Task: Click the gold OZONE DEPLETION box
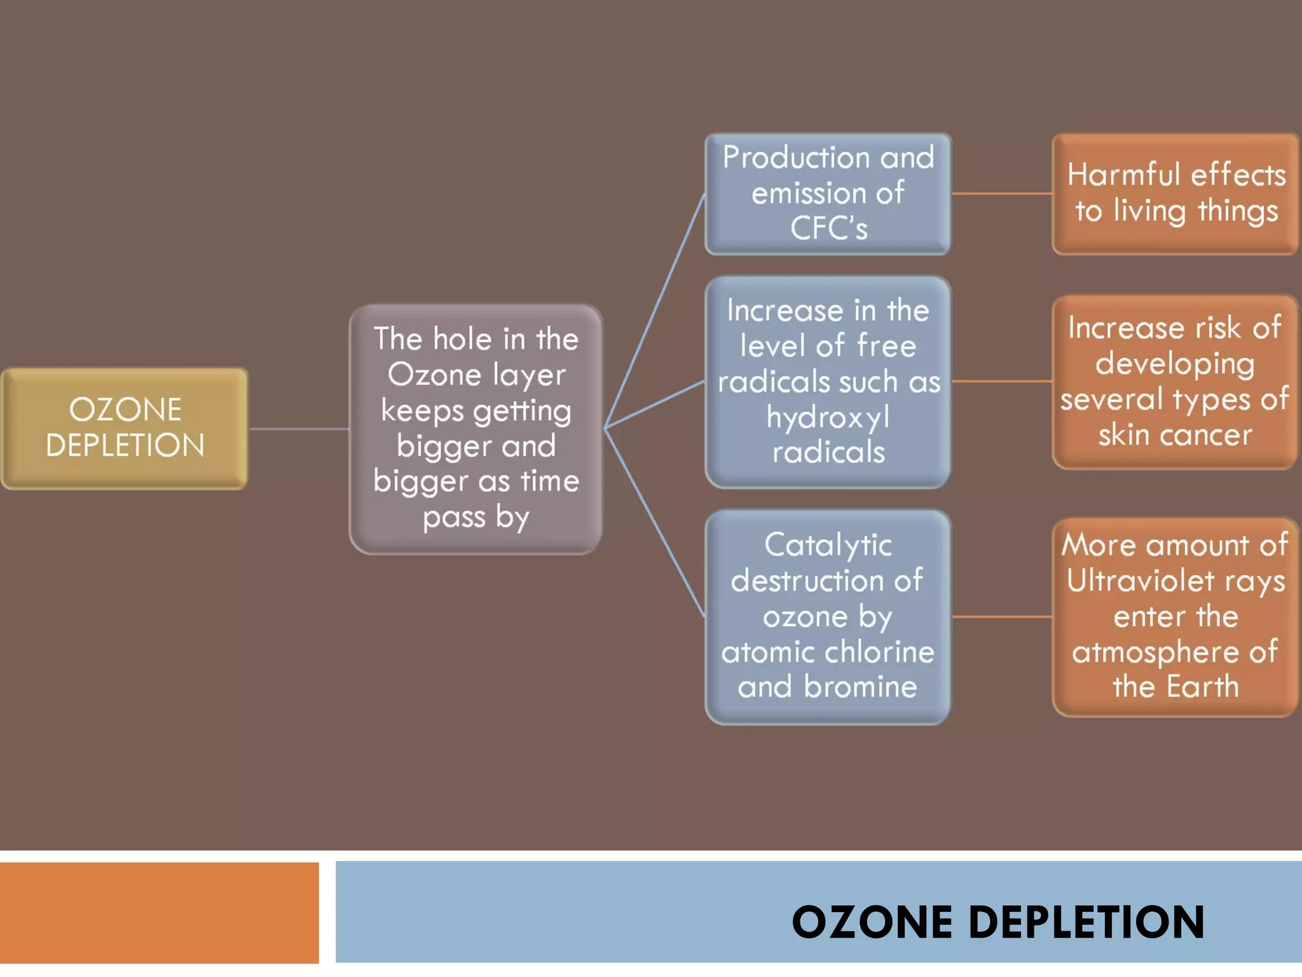(x=125, y=428)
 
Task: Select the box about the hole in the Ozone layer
(x=476, y=429)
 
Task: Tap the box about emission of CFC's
(x=828, y=193)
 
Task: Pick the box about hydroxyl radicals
(x=828, y=382)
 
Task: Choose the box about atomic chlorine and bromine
(x=828, y=616)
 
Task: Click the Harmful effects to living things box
(x=1175, y=193)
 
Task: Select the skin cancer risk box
(x=1175, y=382)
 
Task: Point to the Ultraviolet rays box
(x=1175, y=616)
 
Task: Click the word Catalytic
(x=828, y=545)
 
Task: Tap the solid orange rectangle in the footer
(x=159, y=913)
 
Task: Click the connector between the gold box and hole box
(x=299, y=429)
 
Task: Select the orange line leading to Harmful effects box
(x=1002, y=193)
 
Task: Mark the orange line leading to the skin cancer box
(x=1002, y=382)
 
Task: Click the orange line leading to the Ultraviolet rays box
(x=1002, y=616)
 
